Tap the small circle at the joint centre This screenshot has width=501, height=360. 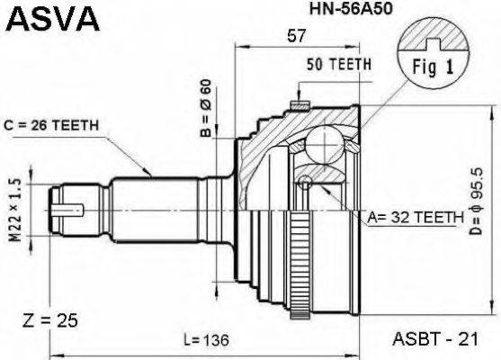pos(307,183)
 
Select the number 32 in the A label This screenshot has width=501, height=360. pos(416,217)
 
